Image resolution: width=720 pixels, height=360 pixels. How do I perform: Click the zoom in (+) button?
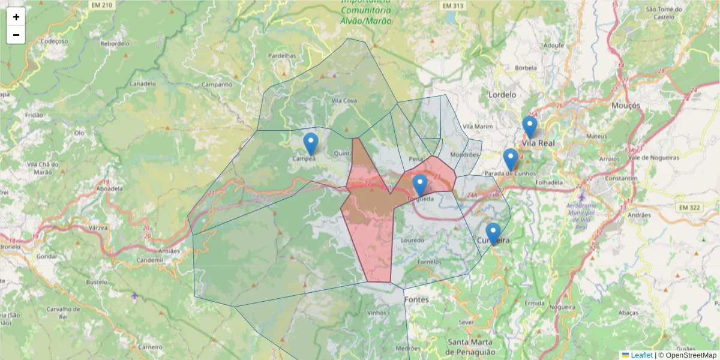[16, 17]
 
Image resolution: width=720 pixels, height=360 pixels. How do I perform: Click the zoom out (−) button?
[16, 35]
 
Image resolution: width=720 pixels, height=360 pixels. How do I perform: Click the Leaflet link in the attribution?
[641, 355]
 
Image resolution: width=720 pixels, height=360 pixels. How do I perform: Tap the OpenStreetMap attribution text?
[687, 355]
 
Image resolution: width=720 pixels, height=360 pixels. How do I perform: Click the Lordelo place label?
[502, 95]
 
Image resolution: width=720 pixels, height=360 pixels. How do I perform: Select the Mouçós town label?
[626, 106]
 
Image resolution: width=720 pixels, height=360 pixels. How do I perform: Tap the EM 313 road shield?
[453, 5]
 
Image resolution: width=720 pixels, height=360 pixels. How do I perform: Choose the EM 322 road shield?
[689, 208]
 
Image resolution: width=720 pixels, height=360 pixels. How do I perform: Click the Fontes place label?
[417, 299]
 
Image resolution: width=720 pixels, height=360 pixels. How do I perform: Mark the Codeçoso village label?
[53, 41]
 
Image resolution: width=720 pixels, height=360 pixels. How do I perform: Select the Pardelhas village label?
[282, 56]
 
